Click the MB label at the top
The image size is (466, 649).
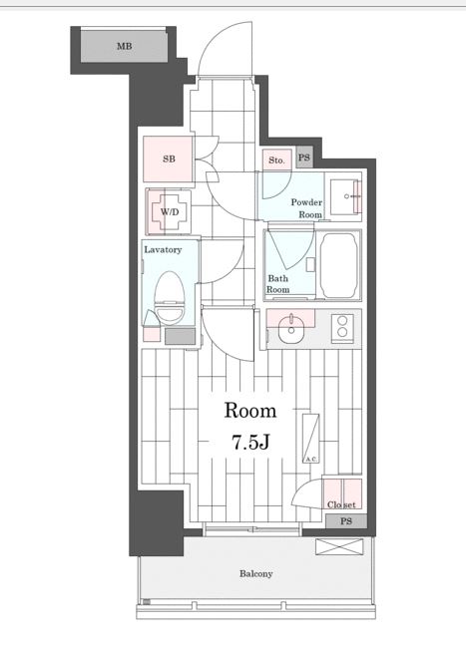(x=125, y=46)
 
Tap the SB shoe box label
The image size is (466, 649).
(x=169, y=159)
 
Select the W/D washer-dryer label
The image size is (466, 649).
(x=170, y=212)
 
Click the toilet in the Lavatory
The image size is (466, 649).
(x=171, y=298)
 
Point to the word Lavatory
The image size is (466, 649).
(x=163, y=249)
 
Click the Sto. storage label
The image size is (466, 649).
(x=276, y=160)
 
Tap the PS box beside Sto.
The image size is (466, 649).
(x=304, y=158)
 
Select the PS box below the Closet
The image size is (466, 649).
(x=346, y=521)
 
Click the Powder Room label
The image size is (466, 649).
(x=306, y=208)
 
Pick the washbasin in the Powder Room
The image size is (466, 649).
(x=346, y=197)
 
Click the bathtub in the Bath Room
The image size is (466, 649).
(x=339, y=265)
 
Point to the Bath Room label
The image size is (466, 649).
(x=278, y=283)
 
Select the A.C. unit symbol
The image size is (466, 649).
(x=310, y=439)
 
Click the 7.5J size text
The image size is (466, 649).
(x=250, y=443)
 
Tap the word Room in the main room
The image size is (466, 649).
(x=250, y=410)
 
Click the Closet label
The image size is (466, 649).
(x=341, y=505)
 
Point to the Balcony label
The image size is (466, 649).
(x=256, y=573)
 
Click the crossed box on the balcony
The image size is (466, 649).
(x=339, y=546)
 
